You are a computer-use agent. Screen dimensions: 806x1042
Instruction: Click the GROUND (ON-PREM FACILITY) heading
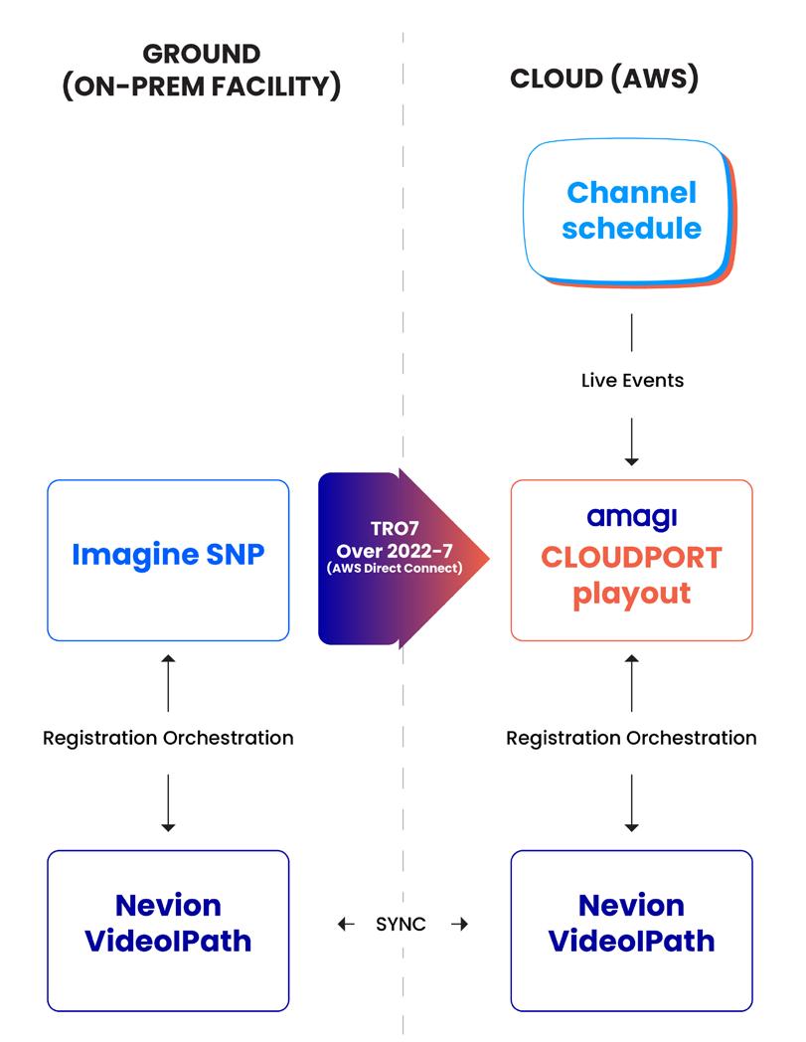(202, 71)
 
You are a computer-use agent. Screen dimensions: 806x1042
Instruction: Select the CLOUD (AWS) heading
(604, 79)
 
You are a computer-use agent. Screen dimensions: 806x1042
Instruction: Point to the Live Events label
(632, 380)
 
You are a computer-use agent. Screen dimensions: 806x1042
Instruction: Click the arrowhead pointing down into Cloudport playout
(632, 461)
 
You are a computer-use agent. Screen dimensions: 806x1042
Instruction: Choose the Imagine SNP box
(168, 560)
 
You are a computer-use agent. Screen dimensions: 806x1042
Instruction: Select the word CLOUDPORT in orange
(631, 558)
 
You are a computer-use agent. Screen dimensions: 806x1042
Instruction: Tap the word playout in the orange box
(632, 594)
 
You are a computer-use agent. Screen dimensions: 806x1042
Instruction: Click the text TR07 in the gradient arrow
(395, 528)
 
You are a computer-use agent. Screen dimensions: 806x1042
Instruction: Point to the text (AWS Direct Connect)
(395, 568)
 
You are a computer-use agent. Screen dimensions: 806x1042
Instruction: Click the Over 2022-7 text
(395, 551)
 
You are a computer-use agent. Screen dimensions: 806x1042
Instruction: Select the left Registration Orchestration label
(168, 738)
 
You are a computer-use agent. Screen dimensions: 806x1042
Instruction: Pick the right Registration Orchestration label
(631, 738)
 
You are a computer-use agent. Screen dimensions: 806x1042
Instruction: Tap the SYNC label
(401, 924)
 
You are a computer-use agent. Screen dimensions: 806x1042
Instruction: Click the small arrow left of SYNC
(346, 924)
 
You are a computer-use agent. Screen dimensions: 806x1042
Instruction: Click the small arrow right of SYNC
(460, 924)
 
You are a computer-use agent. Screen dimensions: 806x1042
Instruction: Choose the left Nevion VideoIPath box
(168, 931)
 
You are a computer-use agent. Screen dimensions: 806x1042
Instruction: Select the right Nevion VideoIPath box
(631, 931)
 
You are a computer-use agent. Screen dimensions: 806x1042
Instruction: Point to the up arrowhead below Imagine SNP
(168, 659)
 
